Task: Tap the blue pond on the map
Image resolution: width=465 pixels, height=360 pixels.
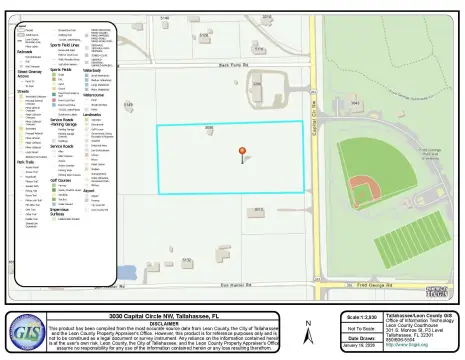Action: [126, 272]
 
